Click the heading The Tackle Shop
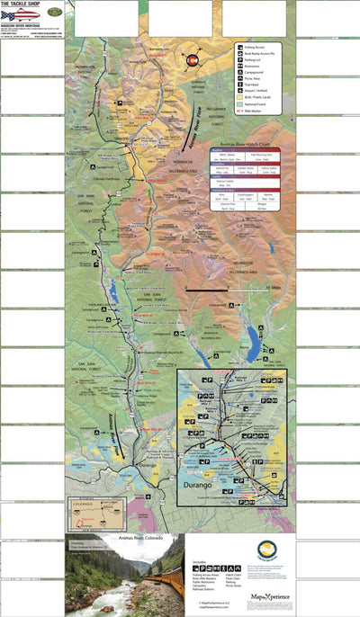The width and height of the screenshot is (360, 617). (22, 4)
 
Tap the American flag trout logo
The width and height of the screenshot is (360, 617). (19, 15)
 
